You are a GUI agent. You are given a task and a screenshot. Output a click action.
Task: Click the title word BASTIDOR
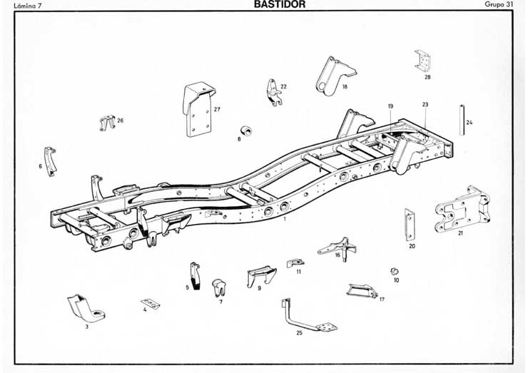[280, 4]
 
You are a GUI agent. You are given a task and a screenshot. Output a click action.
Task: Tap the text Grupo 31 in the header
[499, 4]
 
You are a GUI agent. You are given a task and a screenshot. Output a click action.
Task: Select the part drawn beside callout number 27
[198, 109]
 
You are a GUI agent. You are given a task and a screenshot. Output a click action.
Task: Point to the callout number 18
[345, 87]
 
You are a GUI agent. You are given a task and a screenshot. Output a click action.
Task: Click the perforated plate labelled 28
[423, 61]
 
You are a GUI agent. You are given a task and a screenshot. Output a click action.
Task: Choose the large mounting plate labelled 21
[462, 212]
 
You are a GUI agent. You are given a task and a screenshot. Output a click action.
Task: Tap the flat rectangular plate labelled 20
[410, 225]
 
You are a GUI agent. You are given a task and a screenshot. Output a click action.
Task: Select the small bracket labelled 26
[107, 122]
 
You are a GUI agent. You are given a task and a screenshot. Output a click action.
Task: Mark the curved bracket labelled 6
[50, 160]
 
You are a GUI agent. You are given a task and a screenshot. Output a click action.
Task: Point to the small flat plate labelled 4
[150, 303]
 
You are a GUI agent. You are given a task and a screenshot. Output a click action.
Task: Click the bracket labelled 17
[362, 290]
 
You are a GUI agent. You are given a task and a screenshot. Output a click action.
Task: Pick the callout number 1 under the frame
[285, 220]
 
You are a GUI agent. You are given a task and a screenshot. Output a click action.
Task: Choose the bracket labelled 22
[273, 92]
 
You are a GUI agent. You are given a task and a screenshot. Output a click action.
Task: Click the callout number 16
[337, 255]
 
